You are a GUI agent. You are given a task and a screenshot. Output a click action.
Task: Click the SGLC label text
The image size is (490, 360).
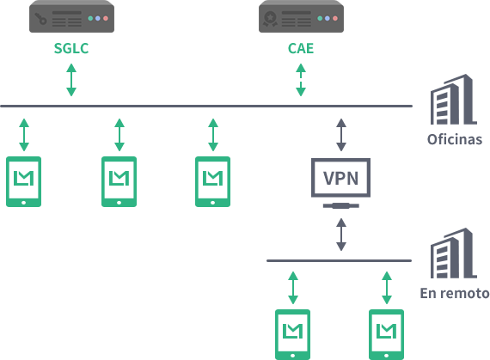tap(71, 48)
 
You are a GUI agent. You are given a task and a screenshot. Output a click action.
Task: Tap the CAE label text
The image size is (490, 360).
tap(301, 48)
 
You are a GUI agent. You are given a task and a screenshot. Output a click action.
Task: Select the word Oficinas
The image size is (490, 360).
tap(455, 139)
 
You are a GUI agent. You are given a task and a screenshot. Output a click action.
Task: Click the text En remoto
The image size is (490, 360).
tap(455, 293)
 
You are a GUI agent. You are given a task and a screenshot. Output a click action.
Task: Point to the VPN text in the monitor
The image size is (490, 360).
tap(340, 179)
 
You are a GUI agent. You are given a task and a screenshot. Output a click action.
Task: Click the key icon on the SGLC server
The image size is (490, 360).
tap(40, 19)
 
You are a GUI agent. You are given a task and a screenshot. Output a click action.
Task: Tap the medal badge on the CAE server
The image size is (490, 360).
tap(270, 19)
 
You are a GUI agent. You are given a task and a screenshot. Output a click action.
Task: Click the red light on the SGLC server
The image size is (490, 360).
tap(106, 18)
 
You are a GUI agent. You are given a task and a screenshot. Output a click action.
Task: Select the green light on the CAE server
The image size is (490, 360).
tap(320, 18)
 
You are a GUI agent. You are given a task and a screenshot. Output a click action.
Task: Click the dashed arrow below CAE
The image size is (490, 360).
tap(301, 80)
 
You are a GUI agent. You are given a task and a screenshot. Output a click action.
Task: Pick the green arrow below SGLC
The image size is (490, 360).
tap(71, 80)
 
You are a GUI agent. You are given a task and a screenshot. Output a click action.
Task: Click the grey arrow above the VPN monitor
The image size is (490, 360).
tap(341, 135)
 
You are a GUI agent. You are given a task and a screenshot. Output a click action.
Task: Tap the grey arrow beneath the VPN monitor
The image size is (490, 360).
tap(341, 235)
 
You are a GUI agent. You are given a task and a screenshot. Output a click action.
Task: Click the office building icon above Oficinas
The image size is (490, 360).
tap(453, 100)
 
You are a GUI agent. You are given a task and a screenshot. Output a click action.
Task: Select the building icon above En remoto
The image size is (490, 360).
tap(453, 253)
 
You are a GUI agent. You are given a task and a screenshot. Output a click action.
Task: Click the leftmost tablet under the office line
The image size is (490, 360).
tap(24, 181)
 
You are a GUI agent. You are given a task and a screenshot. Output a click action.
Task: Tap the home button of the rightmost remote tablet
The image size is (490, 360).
tap(386, 356)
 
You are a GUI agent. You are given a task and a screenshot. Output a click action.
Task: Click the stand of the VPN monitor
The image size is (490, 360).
tap(341, 205)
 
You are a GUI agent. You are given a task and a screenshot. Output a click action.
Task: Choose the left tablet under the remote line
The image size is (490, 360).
tap(292, 334)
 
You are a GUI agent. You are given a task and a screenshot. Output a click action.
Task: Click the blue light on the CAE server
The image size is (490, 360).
tap(328, 18)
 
